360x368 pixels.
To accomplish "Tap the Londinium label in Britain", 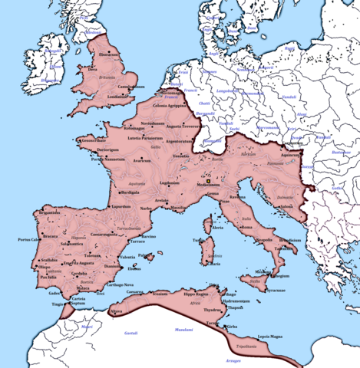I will pos(120,97).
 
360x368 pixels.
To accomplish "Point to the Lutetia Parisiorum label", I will pos(154,137).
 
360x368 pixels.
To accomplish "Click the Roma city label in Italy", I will pos(246,228).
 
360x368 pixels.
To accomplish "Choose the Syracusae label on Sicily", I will pos(277,291).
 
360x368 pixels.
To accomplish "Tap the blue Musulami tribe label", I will pos(184,330).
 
